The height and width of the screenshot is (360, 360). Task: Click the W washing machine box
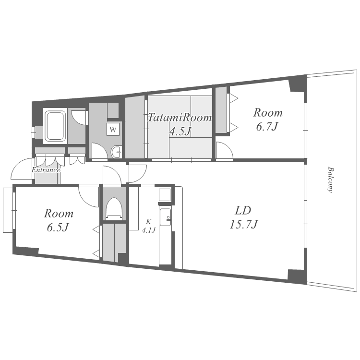113,129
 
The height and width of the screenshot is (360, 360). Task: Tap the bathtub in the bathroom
55,126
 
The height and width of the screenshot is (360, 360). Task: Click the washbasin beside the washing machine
117,152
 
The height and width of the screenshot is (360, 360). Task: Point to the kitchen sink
165,217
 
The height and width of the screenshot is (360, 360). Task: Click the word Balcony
331,180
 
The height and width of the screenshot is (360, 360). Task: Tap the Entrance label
46,170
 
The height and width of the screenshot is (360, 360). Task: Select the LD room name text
243,210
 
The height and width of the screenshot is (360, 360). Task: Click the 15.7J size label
244,224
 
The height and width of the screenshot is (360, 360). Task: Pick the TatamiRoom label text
180,118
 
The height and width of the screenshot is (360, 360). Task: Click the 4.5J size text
180,131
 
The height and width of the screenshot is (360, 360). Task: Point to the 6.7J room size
267,126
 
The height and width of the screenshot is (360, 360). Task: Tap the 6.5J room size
58,228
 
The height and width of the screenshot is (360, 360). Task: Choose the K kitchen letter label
149,222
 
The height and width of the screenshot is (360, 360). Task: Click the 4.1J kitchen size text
149,230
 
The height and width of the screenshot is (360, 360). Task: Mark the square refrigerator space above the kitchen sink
165,195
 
